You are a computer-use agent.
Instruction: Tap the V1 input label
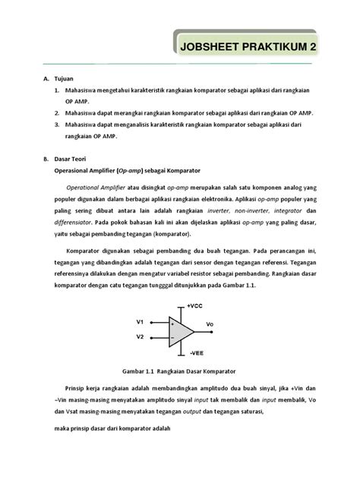[x=140, y=321]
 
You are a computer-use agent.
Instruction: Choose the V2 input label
[x=140, y=336]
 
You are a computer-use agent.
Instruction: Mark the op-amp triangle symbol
[x=181, y=329]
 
